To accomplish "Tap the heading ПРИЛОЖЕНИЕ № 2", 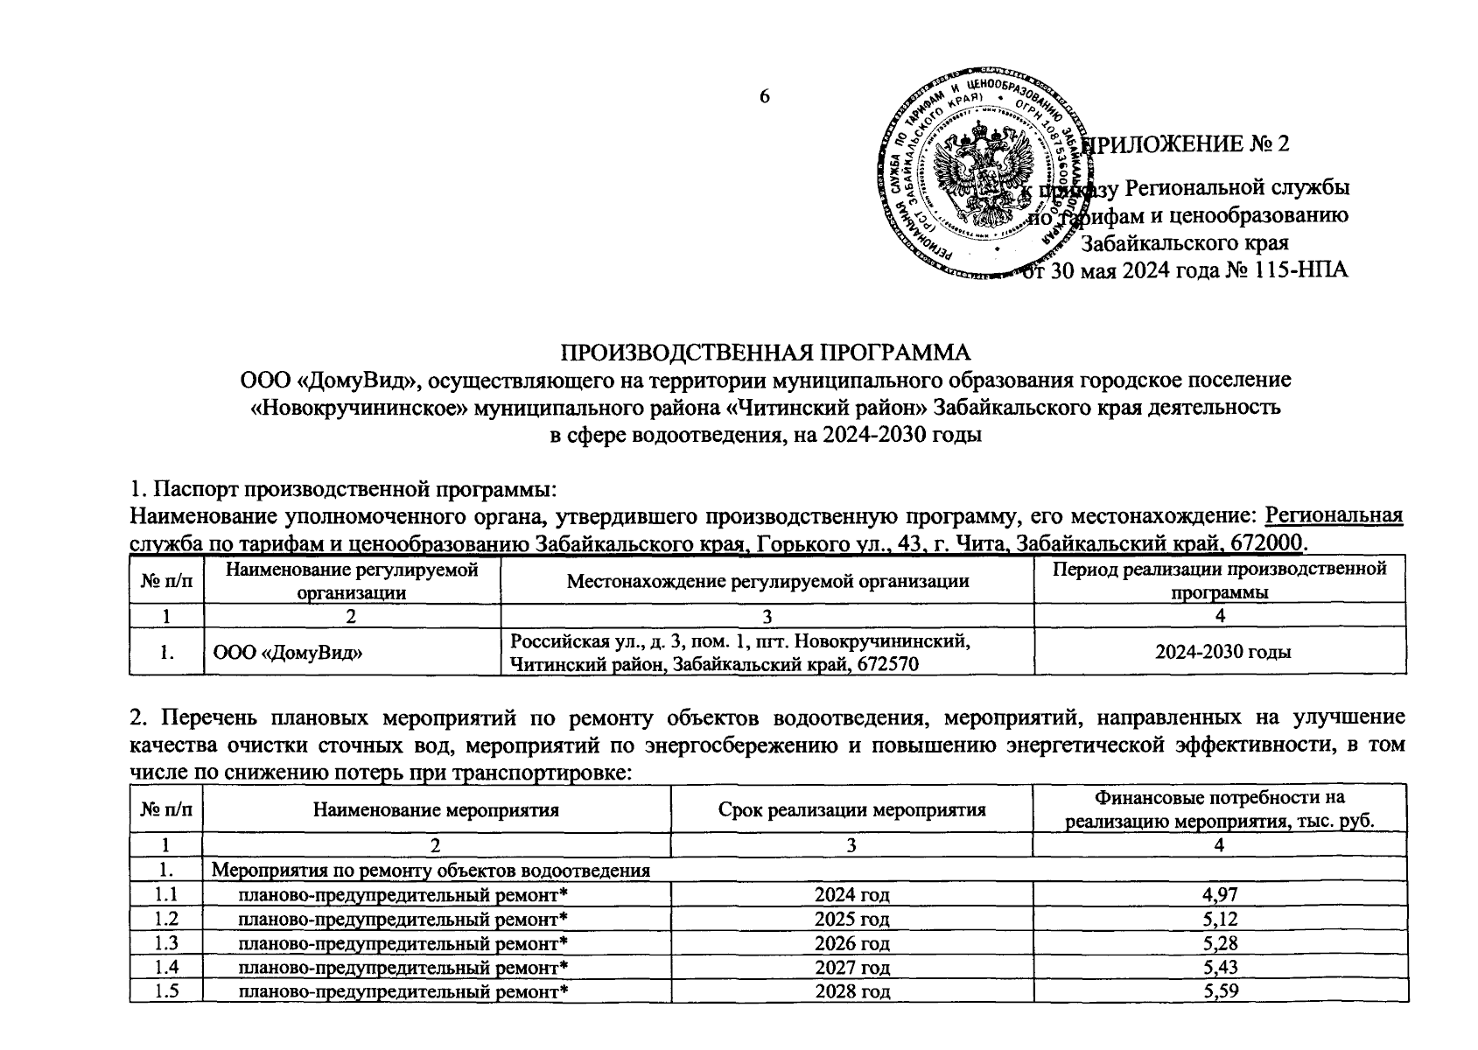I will tap(1185, 143).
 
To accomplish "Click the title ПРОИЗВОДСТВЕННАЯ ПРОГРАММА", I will tap(765, 353).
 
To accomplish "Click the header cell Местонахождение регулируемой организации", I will tap(767, 580).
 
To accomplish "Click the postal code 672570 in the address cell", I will tap(884, 664).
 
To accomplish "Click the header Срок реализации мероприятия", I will tap(851, 809).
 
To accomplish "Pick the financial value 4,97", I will tap(1221, 894).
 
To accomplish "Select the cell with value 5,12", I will tap(1221, 919).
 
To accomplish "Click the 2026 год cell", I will tap(851, 943).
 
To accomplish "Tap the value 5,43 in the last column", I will tap(1221, 967).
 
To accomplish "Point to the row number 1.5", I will tap(165, 991).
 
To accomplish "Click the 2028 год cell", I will tap(851, 991).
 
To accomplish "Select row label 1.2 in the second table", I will tap(165, 919).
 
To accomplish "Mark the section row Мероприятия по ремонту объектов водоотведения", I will tap(432, 871).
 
